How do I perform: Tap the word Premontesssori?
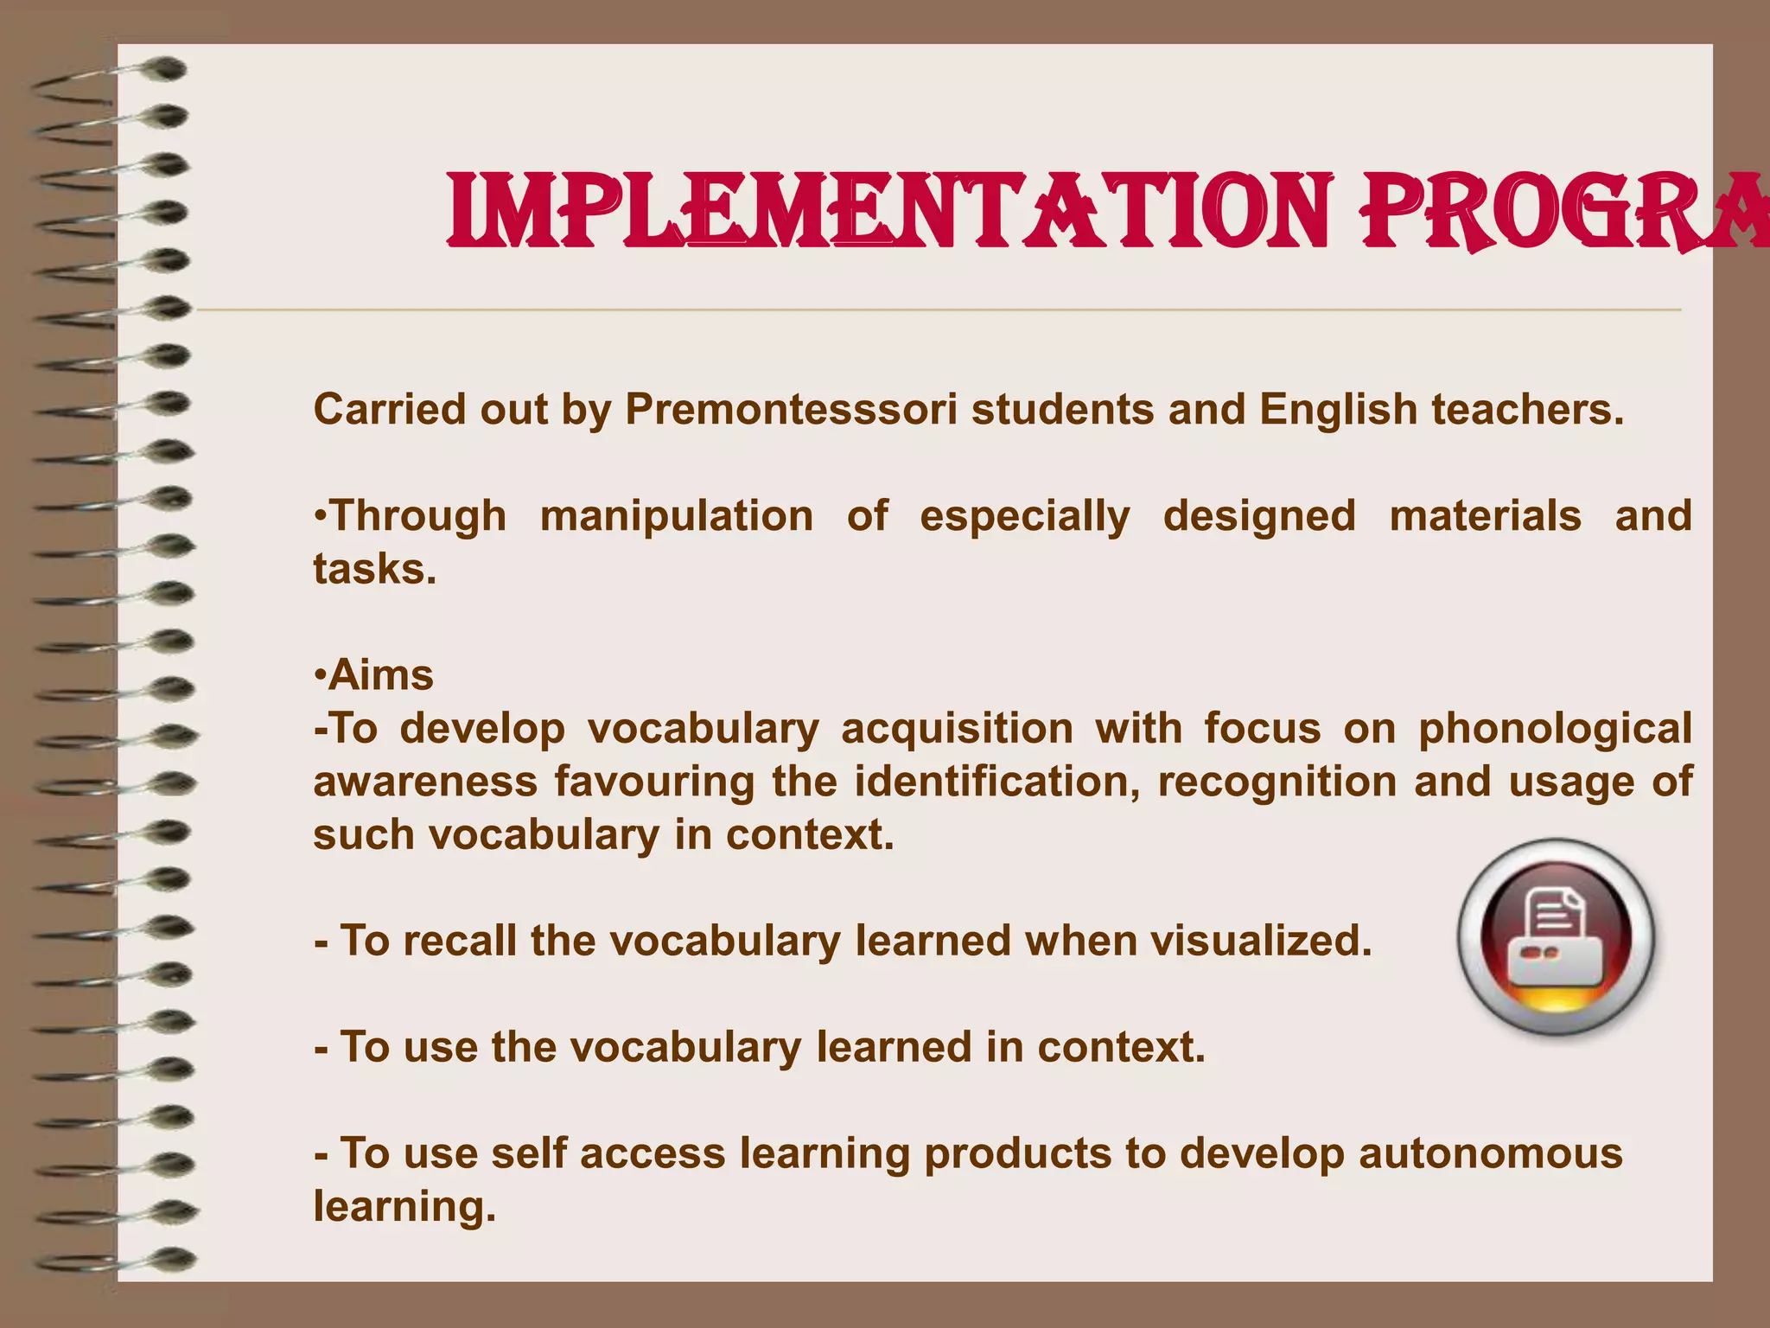791,409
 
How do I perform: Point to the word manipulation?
677,516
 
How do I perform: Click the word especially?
1025,518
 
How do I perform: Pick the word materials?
1486,516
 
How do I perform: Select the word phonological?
1555,729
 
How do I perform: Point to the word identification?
997,782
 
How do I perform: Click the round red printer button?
1556,937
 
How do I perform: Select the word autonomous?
1491,1153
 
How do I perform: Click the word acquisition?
957,730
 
